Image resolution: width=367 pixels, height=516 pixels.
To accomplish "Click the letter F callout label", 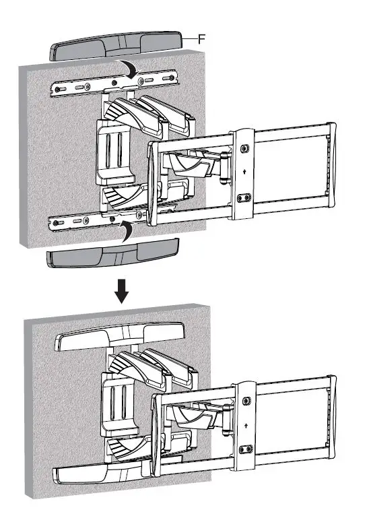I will click(202, 40).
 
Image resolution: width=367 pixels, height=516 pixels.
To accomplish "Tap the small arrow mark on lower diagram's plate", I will click(248, 425).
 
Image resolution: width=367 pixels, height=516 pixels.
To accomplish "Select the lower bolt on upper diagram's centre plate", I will click(244, 198).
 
